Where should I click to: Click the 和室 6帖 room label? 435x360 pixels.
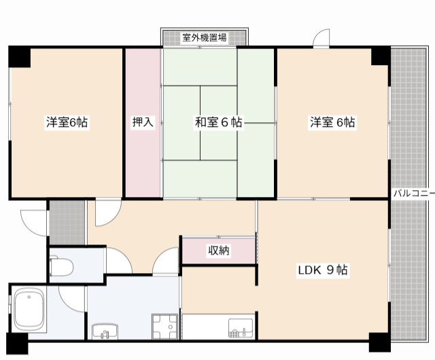tap(219, 122)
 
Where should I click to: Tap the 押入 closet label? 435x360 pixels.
tap(143, 122)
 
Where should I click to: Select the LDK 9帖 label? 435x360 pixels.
tap(323, 270)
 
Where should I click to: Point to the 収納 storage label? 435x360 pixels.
tap(219, 251)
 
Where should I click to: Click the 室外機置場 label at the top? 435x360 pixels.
tap(205, 37)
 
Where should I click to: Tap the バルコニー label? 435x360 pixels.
tap(414, 193)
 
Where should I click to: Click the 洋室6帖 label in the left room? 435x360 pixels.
tap(67, 122)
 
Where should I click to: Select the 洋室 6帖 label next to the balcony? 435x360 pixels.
tap(332, 122)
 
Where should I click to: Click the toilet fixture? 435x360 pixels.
tap(61, 267)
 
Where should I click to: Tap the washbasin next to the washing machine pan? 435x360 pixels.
tap(105, 331)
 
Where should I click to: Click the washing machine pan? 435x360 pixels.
tap(164, 327)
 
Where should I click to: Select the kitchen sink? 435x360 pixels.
tap(241, 328)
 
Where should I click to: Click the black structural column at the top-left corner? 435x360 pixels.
tap(19, 56)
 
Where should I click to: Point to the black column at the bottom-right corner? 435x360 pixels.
tap(379, 342)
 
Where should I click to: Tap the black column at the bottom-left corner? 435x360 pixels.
tap(17, 344)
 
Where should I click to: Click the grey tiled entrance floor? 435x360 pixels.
tap(67, 223)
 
